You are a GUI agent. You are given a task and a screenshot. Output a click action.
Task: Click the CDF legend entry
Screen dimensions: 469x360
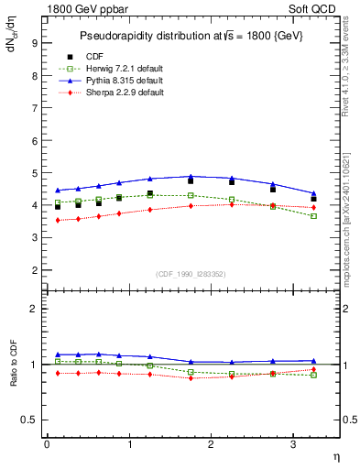pos(94,57)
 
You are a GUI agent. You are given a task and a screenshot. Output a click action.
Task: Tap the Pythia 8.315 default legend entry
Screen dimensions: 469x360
pos(119,81)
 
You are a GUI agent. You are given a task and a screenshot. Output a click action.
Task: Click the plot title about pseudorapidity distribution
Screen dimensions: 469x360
pos(190,35)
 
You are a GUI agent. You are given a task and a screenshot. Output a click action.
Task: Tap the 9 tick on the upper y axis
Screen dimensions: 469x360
pos(34,42)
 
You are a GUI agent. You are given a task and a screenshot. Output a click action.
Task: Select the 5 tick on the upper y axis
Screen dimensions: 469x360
pos(34,173)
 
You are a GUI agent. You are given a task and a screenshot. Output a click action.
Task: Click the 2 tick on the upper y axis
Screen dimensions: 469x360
pos(34,271)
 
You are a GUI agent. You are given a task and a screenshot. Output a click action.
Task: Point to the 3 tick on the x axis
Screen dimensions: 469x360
pos(292,444)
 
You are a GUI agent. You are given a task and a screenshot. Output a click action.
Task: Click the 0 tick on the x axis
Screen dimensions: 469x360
pos(47,444)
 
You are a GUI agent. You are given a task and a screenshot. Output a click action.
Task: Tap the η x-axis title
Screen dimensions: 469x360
pos(334,455)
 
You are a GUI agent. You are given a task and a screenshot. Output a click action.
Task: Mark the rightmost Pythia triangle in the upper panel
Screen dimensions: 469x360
pos(313,193)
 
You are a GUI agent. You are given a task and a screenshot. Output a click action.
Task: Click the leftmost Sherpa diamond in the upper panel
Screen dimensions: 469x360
pos(58,220)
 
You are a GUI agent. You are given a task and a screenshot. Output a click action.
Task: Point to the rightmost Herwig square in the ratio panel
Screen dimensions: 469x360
pos(313,375)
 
